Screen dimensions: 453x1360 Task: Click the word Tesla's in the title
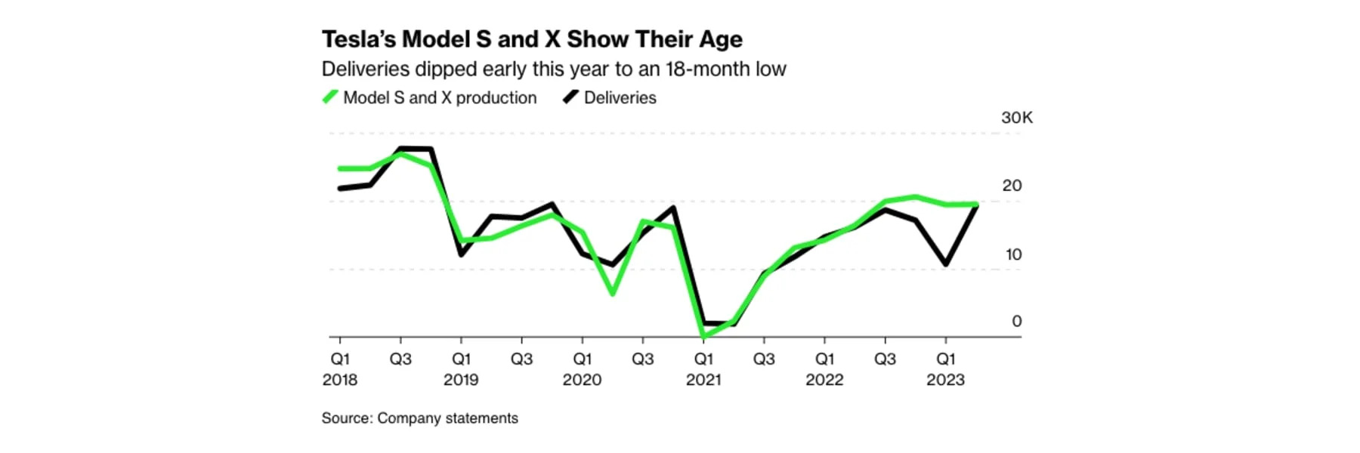(x=358, y=39)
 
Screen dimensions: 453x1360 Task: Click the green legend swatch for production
(x=330, y=97)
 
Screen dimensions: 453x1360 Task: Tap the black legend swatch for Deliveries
(x=571, y=97)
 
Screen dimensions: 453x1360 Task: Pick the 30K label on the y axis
(x=1016, y=118)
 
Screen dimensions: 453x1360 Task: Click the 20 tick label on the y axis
(x=1012, y=186)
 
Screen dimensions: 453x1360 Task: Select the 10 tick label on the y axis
(x=1012, y=254)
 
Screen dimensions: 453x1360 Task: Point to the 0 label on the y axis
(x=1016, y=322)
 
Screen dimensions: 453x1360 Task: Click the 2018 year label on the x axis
(x=340, y=380)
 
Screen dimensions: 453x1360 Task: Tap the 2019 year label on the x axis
(x=461, y=380)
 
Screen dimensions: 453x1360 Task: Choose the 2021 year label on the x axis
(x=703, y=380)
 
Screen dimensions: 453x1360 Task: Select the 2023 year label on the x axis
(x=945, y=380)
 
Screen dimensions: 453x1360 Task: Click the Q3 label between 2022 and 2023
(x=885, y=359)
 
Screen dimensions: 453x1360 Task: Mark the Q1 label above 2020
(x=582, y=359)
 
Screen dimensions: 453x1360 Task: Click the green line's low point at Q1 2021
(x=703, y=335)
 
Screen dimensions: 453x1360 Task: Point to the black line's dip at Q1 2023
(x=945, y=264)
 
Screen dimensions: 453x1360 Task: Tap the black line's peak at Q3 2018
(x=400, y=149)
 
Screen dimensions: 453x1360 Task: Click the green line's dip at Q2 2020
(x=612, y=293)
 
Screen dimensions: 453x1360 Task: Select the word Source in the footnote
(x=346, y=418)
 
